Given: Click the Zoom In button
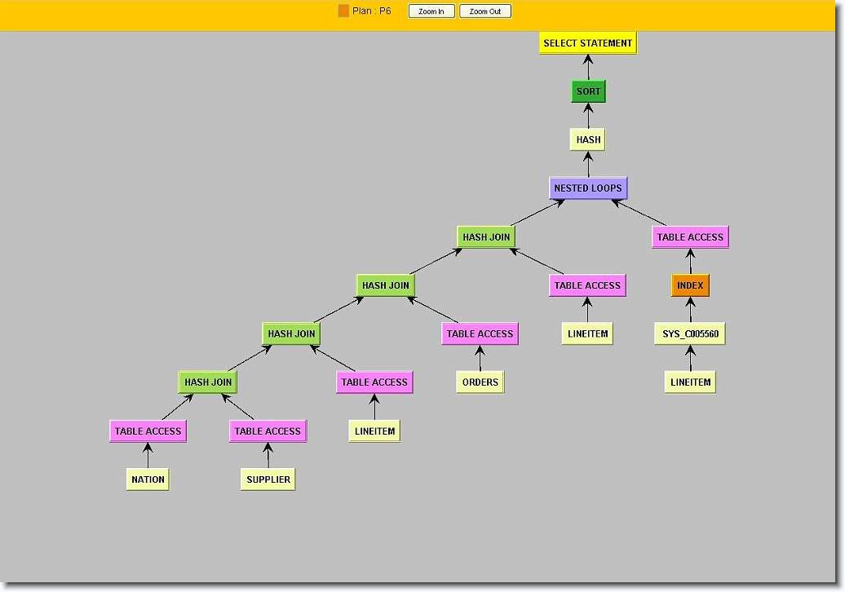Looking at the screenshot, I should (431, 11).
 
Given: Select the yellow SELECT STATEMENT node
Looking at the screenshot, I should (587, 43).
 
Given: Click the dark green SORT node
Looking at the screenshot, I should (588, 91).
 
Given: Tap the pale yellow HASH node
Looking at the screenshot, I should (588, 139).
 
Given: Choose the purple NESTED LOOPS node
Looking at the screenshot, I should (588, 188).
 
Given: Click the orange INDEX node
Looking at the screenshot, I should (690, 285).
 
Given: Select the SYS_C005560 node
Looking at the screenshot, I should (690, 334).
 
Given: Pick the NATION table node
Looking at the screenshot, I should (148, 479).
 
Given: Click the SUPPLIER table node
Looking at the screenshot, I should (268, 479).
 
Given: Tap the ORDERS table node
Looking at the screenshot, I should (480, 382).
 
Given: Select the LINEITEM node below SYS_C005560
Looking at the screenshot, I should (690, 382).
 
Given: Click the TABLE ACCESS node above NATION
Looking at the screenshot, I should (148, 431).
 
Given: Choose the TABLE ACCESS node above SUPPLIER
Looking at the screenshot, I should (268, 431).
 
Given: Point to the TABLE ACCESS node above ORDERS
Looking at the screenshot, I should (480, 334).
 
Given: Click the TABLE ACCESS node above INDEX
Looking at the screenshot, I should (690, 237).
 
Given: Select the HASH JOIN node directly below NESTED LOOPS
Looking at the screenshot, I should (486, 237).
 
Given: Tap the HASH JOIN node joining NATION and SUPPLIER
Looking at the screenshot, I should (208, 382).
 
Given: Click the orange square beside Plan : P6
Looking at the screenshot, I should (343, 11).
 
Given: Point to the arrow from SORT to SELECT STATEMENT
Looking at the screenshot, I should (588, 68).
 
